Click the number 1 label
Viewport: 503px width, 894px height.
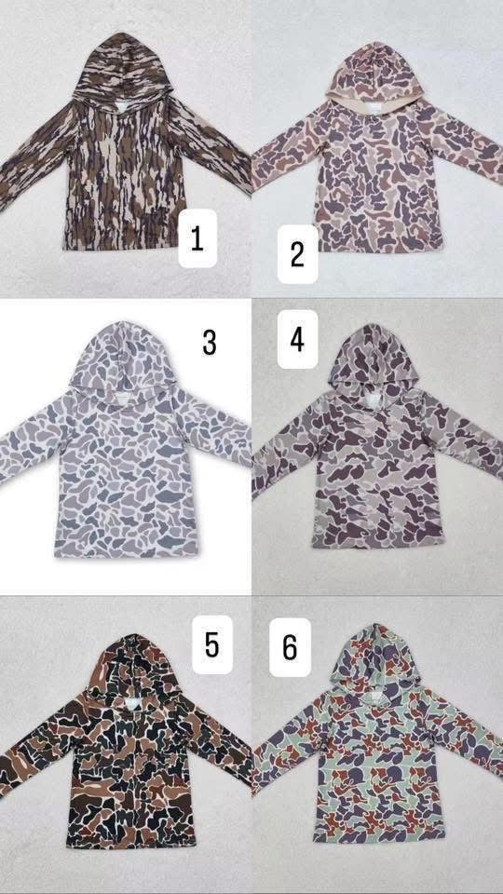click(x=197, y=239)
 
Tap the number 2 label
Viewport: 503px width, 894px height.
click(x=297, y=252)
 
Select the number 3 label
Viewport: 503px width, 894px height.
click(x=209, y=342)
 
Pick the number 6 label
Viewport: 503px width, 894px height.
click(x=290, y=646)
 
